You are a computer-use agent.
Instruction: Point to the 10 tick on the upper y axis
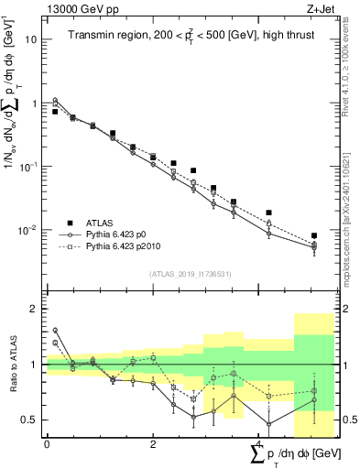tap(31, 39)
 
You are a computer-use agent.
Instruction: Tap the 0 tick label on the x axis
tap(47, 444)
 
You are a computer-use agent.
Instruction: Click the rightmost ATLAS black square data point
tap(314, 235)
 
